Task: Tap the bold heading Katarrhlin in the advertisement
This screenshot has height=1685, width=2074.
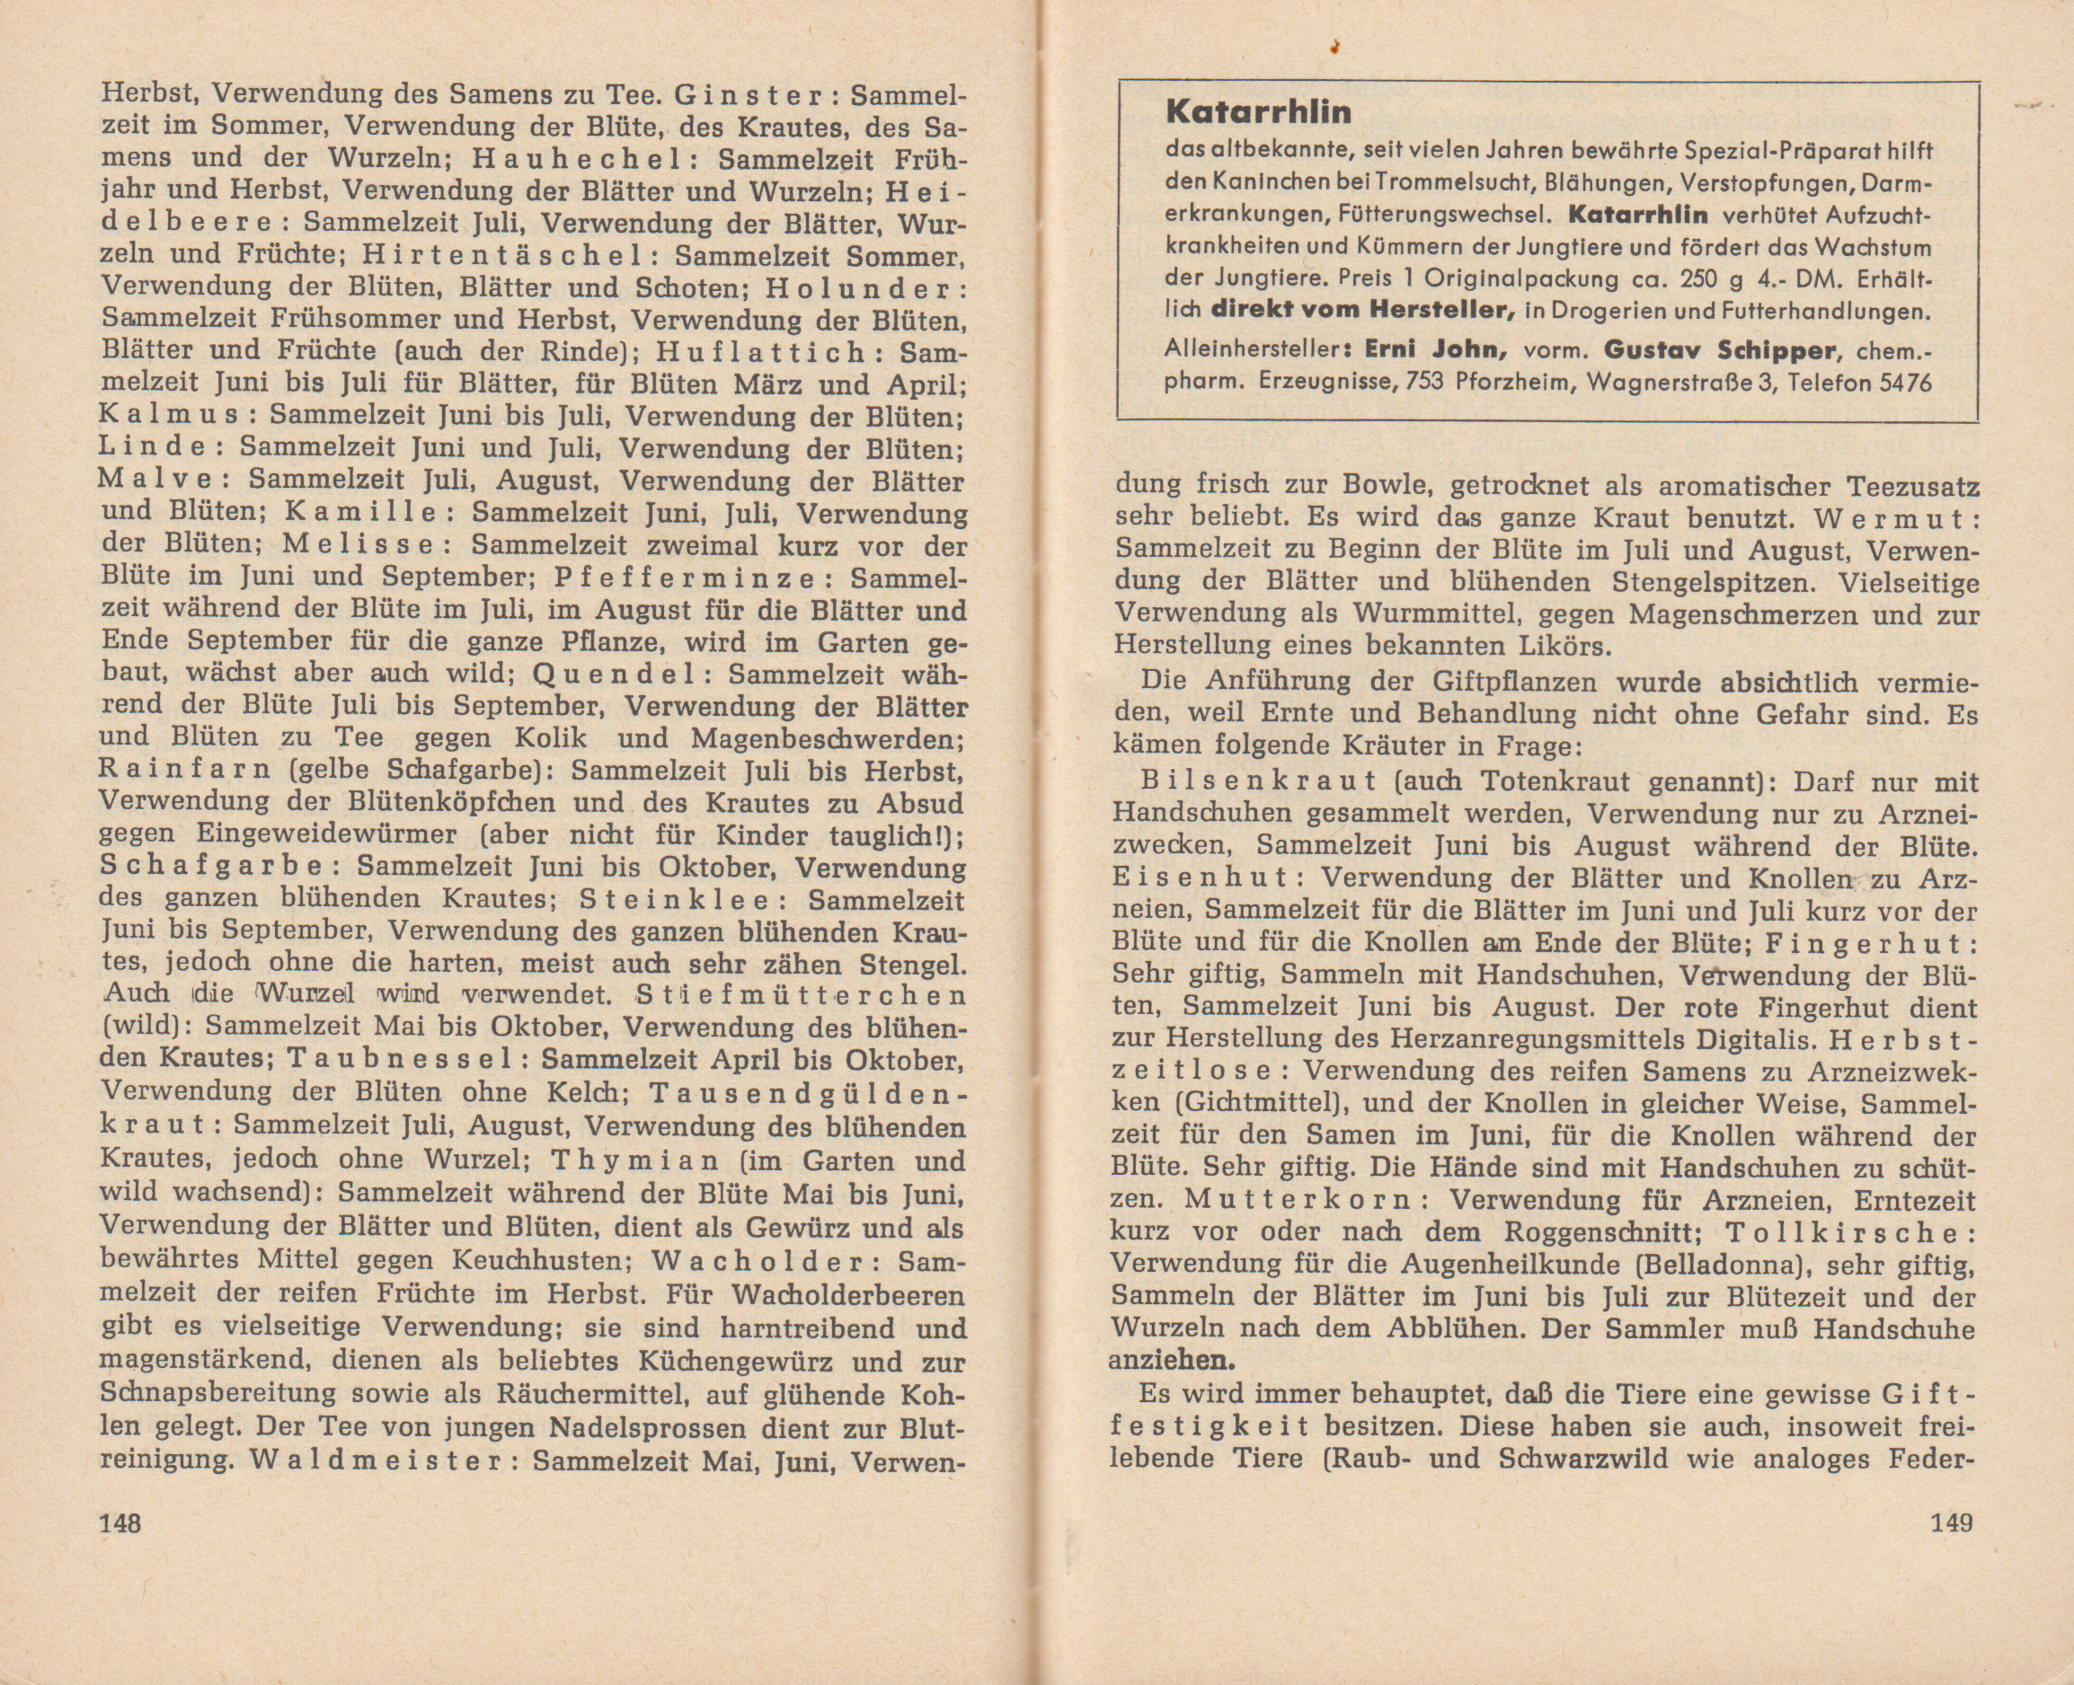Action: (1257, 112)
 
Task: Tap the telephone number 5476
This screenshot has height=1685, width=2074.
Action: (1892, 383)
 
